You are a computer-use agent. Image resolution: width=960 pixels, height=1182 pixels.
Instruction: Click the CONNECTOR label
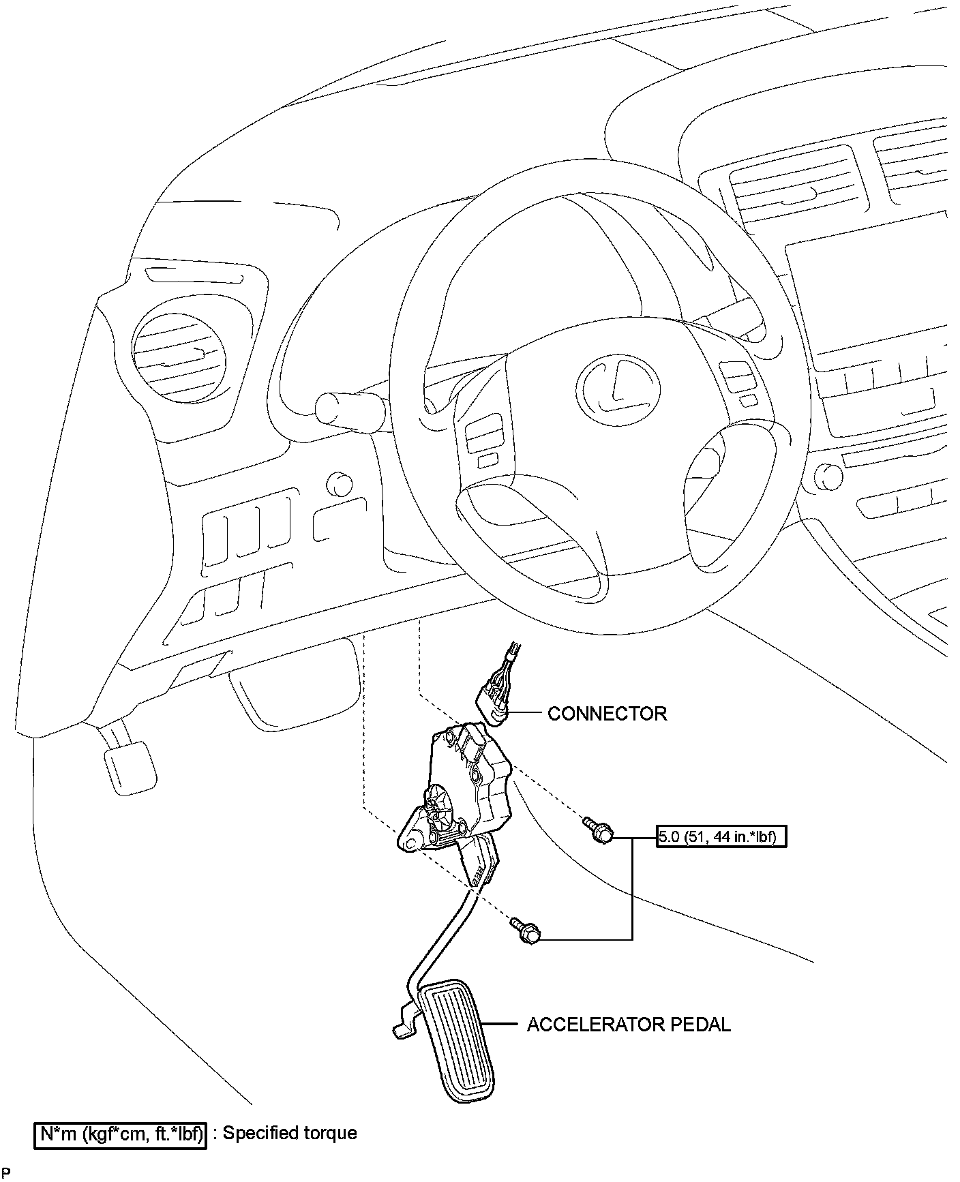pos(607,714)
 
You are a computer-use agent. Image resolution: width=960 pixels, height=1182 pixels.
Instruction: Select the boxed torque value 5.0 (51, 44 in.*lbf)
pos(721,836)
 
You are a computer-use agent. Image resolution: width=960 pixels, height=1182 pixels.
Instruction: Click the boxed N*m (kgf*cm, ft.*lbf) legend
pos(121,1133)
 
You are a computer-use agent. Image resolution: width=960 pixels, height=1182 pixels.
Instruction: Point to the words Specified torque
pos(290,1133)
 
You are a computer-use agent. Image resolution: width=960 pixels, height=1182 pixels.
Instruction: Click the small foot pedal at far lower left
pos(130,768)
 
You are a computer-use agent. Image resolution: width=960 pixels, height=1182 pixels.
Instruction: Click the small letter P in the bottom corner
pos(6,1172)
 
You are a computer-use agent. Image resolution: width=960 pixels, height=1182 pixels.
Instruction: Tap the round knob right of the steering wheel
pos(827,476)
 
